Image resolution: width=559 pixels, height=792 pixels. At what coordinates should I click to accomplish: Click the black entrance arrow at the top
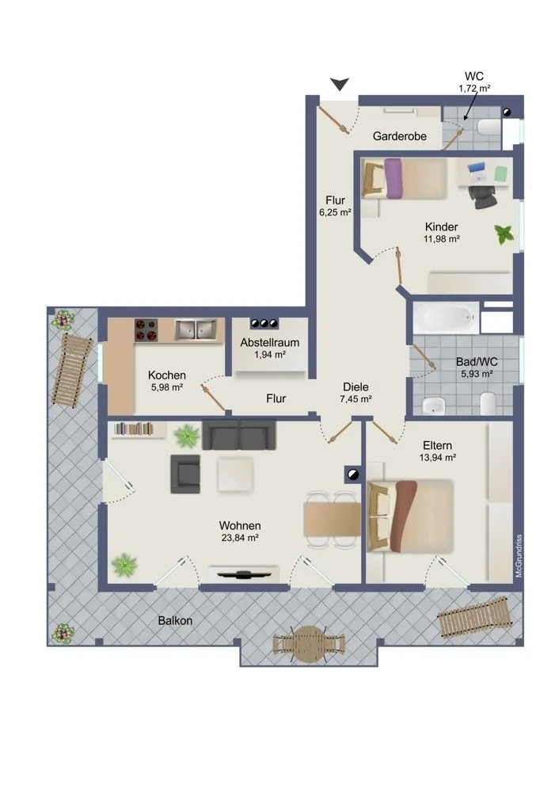click(x=340, y=84)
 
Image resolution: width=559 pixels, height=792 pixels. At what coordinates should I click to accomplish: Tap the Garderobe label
click(x=399, y=136)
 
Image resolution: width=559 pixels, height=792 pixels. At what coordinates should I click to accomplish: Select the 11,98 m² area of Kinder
click(x=441, y=239)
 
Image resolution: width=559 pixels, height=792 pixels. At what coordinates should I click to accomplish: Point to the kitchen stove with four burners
click(x=146, y=329)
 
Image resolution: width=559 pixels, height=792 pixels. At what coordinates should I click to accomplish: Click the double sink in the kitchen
click(x=196, y=329)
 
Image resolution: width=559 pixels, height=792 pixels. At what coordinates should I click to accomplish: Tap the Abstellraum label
click(x=270, y=342)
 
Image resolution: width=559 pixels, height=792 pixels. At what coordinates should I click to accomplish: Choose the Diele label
click(x=356, y=387)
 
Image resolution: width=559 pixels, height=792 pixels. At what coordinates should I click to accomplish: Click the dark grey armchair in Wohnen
click(x=185, y=474)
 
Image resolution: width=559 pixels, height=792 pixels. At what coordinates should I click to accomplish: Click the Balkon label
click(x=175, y=620)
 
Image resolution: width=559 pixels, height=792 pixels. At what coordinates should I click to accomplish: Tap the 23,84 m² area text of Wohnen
click(x=240, y=538)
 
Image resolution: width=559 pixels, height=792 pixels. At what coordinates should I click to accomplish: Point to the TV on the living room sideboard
click(x=243, y=573)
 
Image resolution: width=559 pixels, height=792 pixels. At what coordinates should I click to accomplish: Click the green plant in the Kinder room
click(x=504, y=234)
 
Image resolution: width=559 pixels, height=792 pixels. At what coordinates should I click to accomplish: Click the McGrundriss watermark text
click(x=519, y=556)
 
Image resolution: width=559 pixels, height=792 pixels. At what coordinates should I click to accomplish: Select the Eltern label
click(x=437, y=445)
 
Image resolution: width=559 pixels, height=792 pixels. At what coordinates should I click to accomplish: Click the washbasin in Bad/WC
click(x=433, y=405)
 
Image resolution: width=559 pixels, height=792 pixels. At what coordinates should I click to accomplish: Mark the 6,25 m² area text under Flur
click(x=335, y=212)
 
